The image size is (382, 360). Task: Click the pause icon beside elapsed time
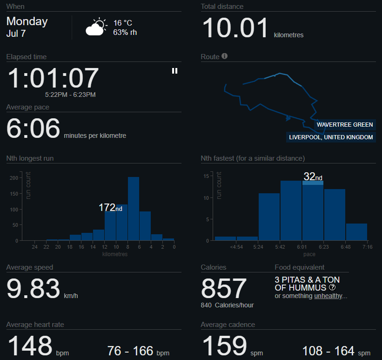(x=174, y=71)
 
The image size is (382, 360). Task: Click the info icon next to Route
(x=224, y=56)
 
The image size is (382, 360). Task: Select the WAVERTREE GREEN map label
(x=345, y=125)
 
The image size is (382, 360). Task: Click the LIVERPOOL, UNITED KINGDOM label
(x=331, y=137)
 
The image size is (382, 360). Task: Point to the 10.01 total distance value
(x=235, y=28)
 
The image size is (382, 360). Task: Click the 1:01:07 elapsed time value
(x=53, y=78)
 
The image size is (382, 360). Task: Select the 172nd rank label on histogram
(x=110, y=208)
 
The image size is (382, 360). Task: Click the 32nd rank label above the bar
(x=313, y=177)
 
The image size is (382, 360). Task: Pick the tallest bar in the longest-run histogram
(x=134, y=208)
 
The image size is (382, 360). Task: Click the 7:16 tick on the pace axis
(x=367, y=247)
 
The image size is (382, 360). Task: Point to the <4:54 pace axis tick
(x=236, y=247)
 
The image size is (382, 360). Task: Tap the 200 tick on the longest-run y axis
(x=14, y=178)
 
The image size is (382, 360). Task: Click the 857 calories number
(x=223, y=289)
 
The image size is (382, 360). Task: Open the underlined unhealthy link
(x=329, y=296)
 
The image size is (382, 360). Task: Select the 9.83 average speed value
(x=34, y=289)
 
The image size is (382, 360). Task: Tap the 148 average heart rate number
(x=30, y=346)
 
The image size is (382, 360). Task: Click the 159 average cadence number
(x=223, y=346)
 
